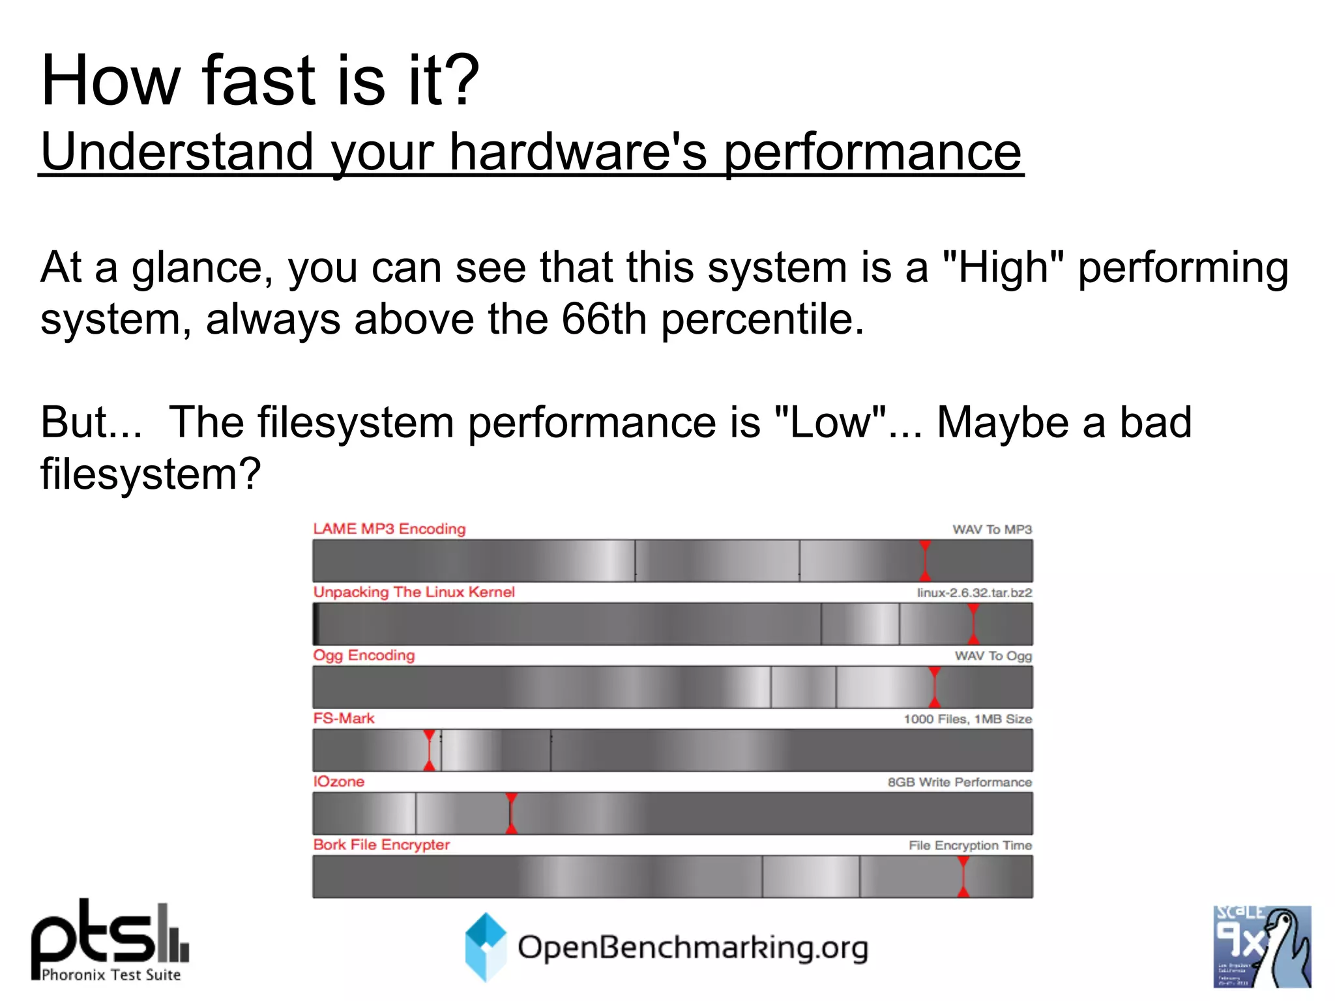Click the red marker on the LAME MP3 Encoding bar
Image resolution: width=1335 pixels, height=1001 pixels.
coord(924,560)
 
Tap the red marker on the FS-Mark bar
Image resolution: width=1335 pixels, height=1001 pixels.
coord(429,750)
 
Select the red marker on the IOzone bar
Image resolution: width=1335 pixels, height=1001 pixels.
coord(511,813)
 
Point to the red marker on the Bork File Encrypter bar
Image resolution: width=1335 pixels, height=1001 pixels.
coord(963,877)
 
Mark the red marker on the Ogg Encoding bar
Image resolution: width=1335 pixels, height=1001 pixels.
coord(934,687)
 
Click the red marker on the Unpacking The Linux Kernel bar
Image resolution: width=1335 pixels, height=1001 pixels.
coord(973,624)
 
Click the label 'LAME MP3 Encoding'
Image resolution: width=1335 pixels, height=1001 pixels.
coord(389,529)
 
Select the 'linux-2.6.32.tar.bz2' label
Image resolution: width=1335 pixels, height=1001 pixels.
coord(974,592)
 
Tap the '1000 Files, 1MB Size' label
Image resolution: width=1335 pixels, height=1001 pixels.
coord(967,719)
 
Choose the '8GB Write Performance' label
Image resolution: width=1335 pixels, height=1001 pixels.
coord(960,782)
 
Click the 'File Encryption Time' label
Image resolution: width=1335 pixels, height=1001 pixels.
coord(970,845)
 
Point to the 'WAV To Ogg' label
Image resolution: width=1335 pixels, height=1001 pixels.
coord(993,656)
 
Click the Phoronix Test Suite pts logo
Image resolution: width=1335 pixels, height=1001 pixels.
coord(110,940)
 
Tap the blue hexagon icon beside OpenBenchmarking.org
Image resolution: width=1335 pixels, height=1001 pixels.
coord(486,947)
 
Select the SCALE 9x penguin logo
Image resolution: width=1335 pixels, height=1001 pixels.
coord(1261,946)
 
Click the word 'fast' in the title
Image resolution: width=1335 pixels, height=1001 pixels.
coord(259,81)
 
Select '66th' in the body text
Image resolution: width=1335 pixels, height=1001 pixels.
coord(604,319)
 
